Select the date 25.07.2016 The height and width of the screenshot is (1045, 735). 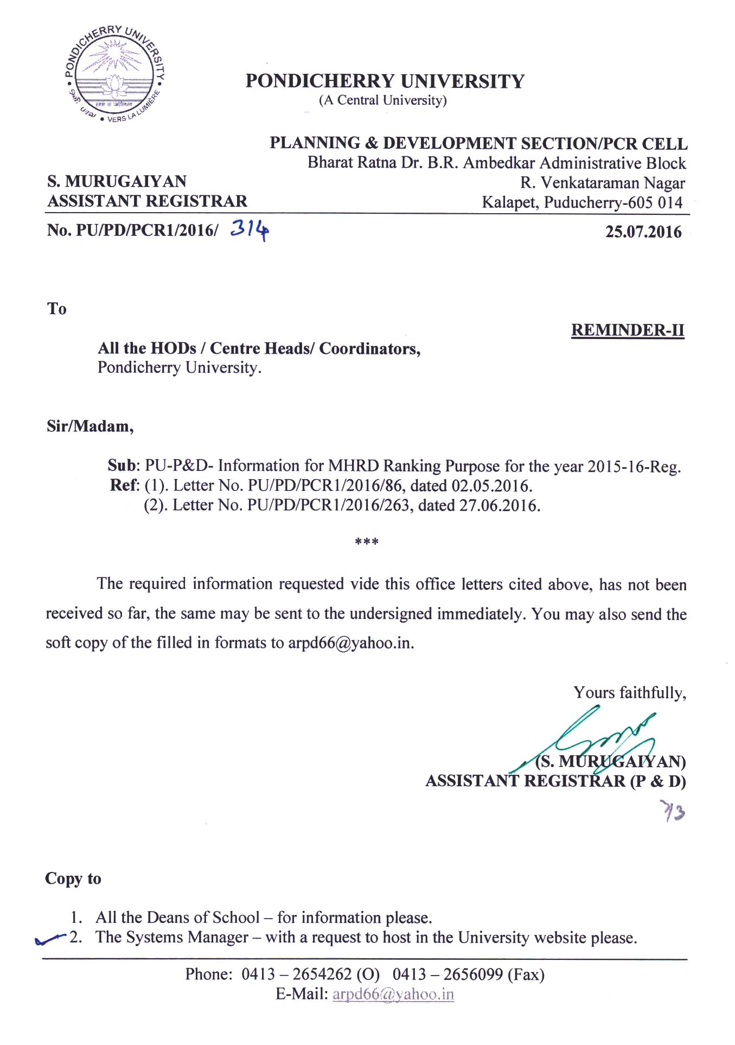643,232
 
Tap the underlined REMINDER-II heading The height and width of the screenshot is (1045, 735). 628,330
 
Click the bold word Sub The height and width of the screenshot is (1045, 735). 123,466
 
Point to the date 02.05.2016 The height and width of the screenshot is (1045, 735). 490,485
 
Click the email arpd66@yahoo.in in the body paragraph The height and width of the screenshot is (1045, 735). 350,643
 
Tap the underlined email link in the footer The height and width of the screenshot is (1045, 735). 393,994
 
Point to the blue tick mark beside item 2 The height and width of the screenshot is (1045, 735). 49,939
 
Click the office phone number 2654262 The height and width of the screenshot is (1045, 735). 322,974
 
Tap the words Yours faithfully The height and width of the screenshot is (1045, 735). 630,693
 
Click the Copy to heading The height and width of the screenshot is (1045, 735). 73,879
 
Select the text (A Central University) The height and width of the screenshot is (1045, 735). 383,100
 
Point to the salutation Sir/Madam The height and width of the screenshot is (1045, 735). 90,426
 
